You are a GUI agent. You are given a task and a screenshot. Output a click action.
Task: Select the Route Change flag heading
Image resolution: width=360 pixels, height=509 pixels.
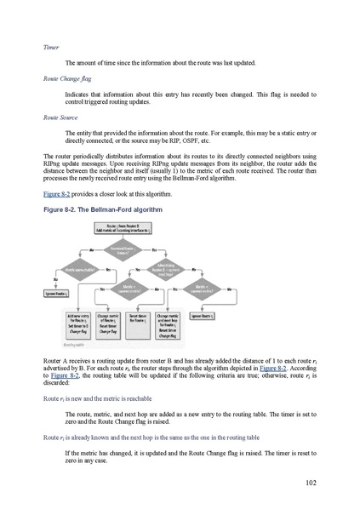click(x=68, y=78)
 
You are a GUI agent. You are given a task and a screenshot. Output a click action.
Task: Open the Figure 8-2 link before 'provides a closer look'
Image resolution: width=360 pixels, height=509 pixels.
click(x=58, y=194)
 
